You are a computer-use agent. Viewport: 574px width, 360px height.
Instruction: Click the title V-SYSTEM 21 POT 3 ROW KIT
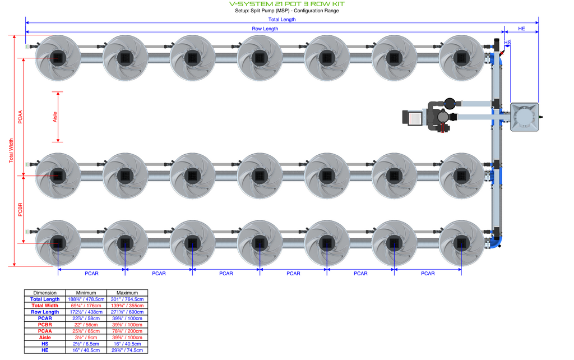[x=286, y=3]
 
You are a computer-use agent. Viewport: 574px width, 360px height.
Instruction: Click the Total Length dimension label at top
[x=281, y=20]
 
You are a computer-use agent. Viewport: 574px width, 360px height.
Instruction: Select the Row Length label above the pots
[x=265, y=29]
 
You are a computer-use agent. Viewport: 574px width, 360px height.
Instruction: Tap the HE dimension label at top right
[x=521, y=29]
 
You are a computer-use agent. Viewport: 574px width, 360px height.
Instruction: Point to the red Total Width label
[x=11, y=151]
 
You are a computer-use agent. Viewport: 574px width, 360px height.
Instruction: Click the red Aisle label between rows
[x=55, y=117]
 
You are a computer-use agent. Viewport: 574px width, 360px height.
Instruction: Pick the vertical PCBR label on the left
[x=20, y=209]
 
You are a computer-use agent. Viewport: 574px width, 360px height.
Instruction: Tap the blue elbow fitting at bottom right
[x=498, y=242]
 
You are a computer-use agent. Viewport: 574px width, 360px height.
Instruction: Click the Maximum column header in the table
[x=127, y=293]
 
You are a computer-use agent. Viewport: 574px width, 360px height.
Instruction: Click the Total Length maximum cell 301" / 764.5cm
[x=127, y=299]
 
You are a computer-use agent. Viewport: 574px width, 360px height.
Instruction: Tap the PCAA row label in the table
[x=45, y=331]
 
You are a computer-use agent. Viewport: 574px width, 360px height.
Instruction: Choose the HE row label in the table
[x=45, y=350]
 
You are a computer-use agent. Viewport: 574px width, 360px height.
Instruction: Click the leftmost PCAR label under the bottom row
[x=91, y=274]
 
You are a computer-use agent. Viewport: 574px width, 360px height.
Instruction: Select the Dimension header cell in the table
[x=45, y=293]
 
